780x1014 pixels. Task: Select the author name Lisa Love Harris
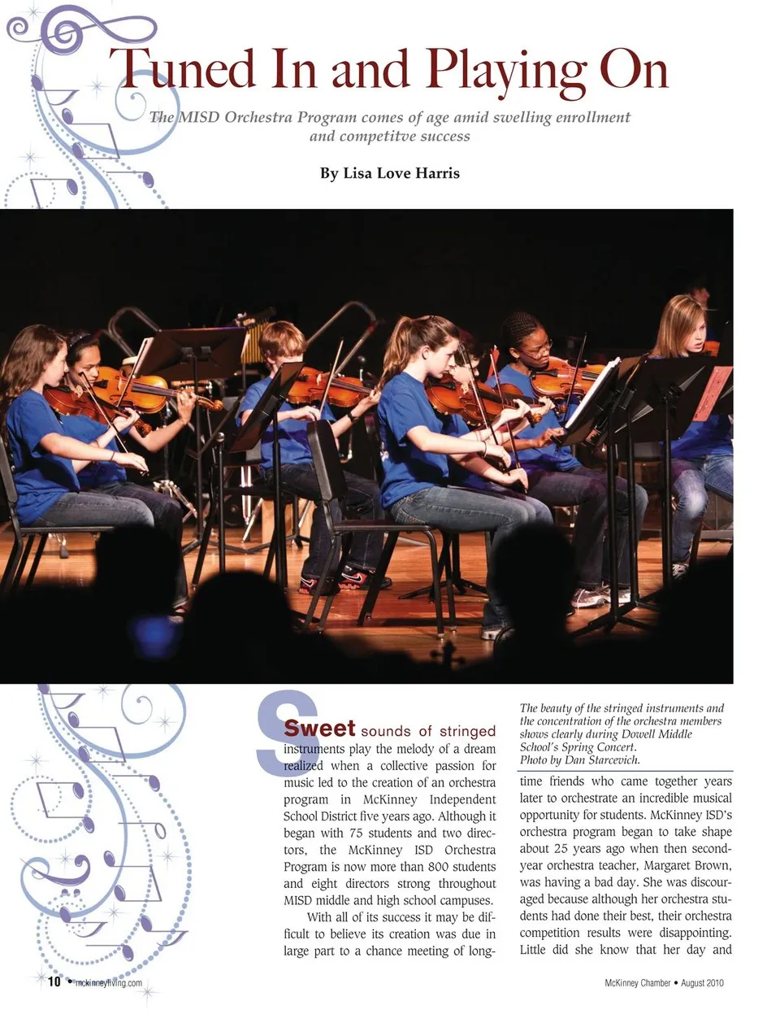pos(390,172)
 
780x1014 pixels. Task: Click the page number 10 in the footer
pos(54,981)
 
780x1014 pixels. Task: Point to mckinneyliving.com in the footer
pos(108,982)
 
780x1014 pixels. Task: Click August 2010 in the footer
pos(702,982)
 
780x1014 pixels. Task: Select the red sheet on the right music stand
pos(713,393)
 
